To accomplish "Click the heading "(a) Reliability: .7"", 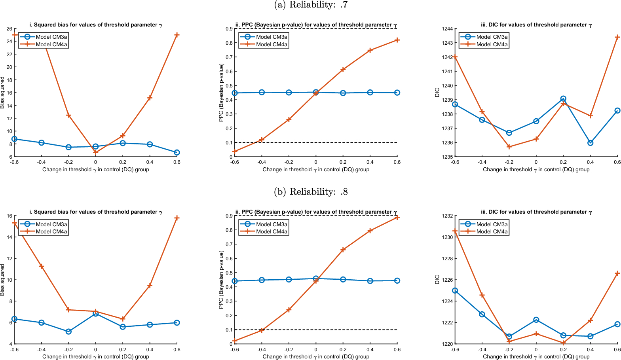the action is tap(310, 5).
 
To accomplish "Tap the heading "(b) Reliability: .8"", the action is tap(310, 192).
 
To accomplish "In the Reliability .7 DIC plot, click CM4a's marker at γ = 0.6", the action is tap(617, 37).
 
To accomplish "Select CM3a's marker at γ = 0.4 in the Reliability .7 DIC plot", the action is tap(590, 143).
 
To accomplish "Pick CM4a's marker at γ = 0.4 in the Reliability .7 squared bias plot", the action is tap(150, 98).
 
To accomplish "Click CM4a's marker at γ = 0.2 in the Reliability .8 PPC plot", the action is tap(343, 250).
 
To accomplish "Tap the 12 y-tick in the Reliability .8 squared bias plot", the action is tap(9, 259).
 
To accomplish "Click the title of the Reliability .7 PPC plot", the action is tap(316, 25).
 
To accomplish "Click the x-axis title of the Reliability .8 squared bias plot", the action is tap(96, 357).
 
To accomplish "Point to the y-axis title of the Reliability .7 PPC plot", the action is tap(221, 93).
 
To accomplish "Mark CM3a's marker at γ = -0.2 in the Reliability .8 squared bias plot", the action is tap(68, 332).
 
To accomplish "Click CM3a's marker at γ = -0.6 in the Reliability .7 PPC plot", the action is tap(235, 93).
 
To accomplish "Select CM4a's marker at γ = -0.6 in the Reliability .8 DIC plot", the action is tap(455, 231).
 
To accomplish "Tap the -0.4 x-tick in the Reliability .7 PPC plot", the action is tap(262, 162).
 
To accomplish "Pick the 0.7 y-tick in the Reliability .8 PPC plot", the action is tap(229, 244).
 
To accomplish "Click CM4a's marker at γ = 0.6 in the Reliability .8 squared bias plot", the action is tap(177, 218).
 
